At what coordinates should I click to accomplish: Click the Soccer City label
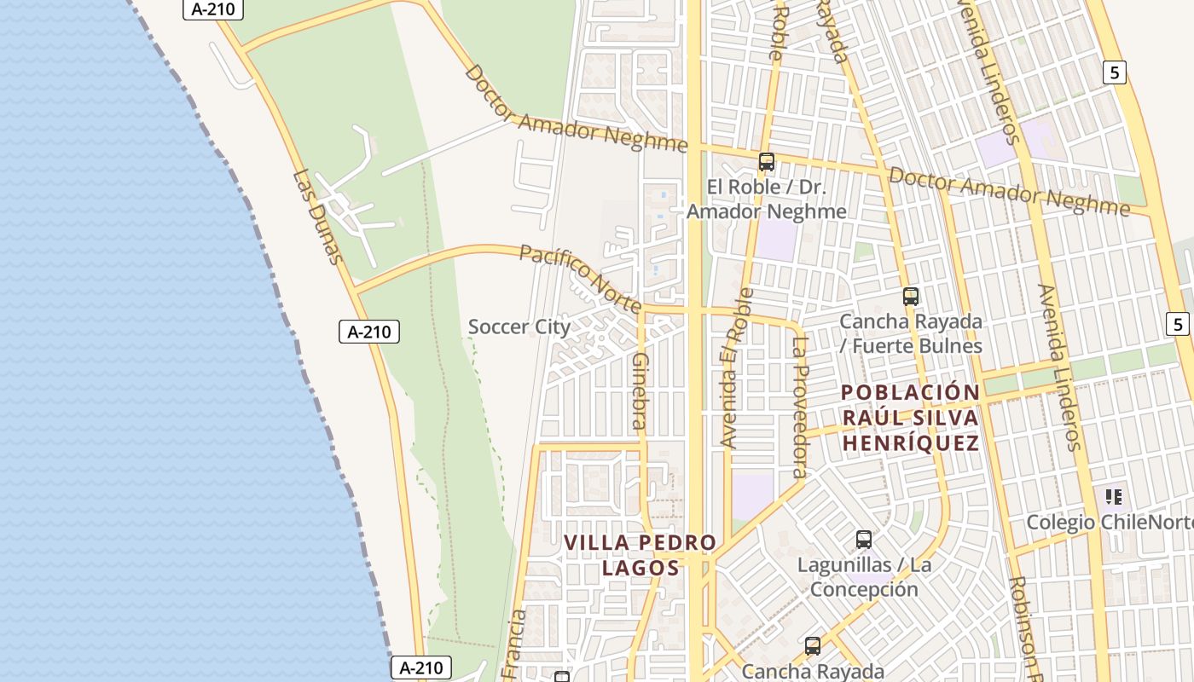[519, 327]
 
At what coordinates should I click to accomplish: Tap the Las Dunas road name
[317, 217]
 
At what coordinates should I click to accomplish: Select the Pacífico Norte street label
[581, 279]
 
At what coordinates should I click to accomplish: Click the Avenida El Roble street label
[737, 367]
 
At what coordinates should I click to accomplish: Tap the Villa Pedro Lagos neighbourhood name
[640, 555]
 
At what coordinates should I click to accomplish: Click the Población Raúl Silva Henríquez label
[910, 418]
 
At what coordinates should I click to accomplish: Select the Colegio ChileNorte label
[1110, 522]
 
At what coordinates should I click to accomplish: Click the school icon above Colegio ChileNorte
[1113, 496]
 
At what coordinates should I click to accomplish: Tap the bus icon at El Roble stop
[766, 162]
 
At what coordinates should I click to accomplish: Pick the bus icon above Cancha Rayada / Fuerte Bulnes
[911, 297]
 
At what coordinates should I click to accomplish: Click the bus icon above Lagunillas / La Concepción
[864, 539]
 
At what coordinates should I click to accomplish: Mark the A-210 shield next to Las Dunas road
[369, 332]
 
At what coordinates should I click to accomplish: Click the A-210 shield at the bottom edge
[421, 668]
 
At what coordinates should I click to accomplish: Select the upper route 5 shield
[1114, 72]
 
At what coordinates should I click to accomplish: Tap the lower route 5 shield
[1178, 324]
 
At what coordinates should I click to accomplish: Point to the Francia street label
[516, 644]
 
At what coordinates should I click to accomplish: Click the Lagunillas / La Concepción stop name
[864, 577]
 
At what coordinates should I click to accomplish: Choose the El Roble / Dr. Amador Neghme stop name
[767, 199]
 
